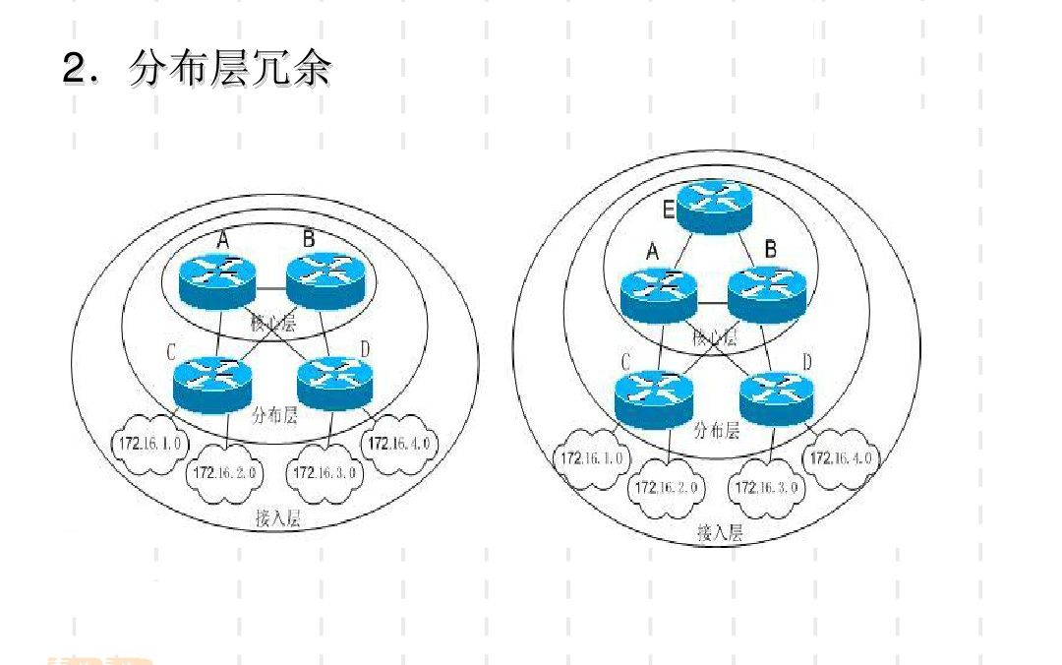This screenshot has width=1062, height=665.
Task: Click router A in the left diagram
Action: click(x=218, y=281)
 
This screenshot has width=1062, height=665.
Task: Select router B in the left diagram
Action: click(x=324, y=281)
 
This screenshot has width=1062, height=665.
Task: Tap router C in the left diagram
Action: click(x=211, y=383)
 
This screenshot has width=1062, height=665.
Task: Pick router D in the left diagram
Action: click(x=334, y=383)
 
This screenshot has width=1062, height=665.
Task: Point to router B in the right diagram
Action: click(x=766, y=293)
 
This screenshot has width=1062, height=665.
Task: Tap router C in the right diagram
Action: click(x=653, y=398)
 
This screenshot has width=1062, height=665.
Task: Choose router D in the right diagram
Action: click(x=777, y=396)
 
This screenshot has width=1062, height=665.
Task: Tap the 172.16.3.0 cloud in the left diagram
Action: click(x=325, y=473)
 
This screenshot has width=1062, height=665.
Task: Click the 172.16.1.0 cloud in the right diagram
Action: click(x=591, y=458)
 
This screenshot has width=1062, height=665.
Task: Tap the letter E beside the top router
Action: click(x=669, y=209)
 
